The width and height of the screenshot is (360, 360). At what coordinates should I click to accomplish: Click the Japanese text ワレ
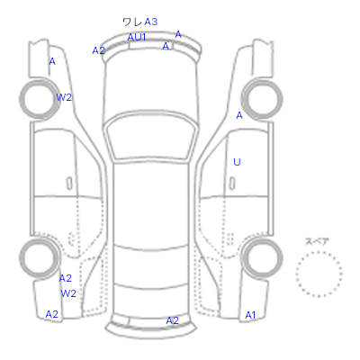coord(132,22)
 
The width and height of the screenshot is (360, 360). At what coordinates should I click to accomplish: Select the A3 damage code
coord(151,22)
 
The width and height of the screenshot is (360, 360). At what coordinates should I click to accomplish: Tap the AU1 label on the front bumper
coord(137,37)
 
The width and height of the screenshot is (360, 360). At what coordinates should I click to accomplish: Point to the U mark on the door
coord(237,162)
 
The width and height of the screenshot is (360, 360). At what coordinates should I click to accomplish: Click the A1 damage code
coord(250,315)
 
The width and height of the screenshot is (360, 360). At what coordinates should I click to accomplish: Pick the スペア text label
coord(317,242)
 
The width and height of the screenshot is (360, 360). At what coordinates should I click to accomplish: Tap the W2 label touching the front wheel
coord(64,97)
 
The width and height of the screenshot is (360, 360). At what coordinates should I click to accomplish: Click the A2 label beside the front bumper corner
coord(98,50)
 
